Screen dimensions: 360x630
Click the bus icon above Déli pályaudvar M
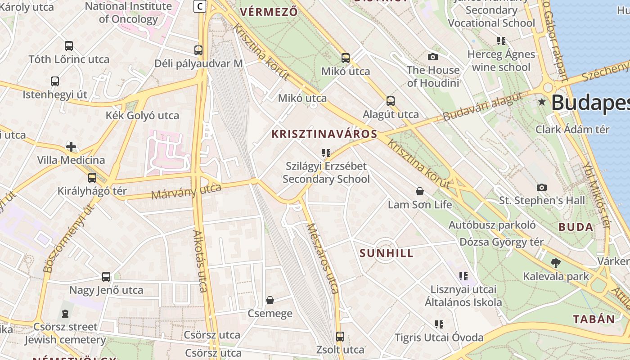[198, 50]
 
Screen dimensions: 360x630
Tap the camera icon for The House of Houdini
[433, 57]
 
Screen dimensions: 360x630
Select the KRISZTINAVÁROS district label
[324, 134]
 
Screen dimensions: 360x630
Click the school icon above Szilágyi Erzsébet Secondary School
[326, 153]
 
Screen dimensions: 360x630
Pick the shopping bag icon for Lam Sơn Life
[420, 192]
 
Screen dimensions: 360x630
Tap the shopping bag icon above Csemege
[270, 300]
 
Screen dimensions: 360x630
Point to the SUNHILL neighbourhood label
[387, 253]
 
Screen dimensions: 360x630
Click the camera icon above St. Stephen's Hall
[542, 187]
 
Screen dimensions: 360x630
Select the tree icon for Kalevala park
[556, 263]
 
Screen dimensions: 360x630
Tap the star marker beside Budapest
[542, 102]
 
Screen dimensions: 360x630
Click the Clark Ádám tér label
[572, 130]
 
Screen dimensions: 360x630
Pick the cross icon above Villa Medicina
[71, 147]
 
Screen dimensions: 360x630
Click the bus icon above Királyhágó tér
[92, 178]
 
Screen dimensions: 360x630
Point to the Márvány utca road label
[186, 191]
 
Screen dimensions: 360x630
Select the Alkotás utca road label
[201, 261]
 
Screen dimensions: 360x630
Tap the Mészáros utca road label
[323, 258]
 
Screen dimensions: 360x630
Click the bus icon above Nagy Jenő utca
[106, 277]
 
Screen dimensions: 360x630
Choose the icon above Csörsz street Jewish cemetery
[65, 314]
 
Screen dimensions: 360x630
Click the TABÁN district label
[594, 319]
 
